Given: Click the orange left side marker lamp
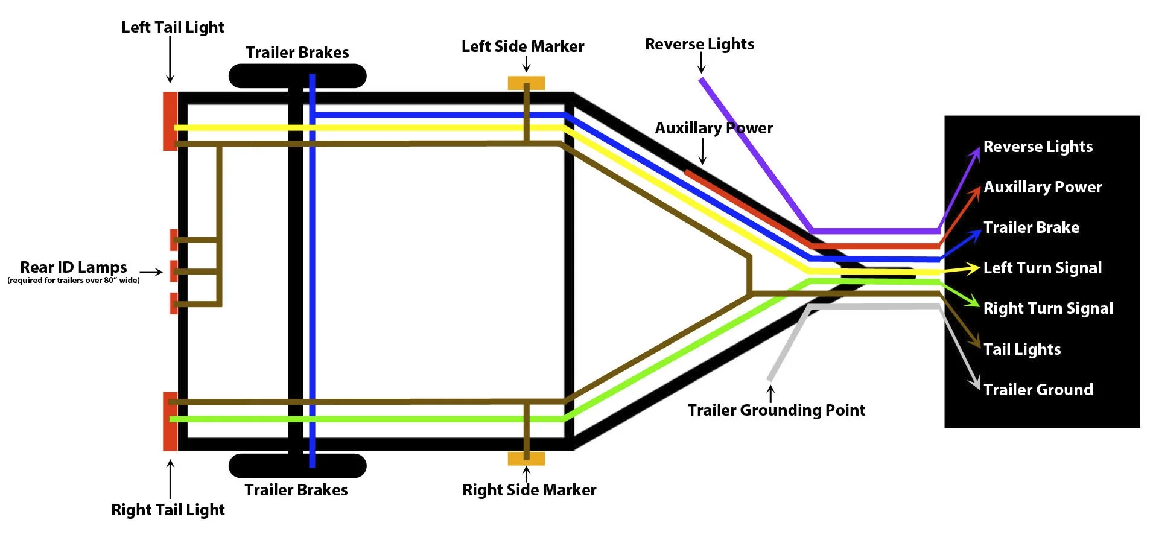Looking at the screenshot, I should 526,83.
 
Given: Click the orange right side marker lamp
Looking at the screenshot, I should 526,459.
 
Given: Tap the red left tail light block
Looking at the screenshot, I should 170,121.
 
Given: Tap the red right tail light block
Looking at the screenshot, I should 170,421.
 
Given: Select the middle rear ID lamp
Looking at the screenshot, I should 173,271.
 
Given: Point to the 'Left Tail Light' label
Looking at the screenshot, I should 173,27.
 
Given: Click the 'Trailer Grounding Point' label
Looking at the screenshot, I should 776,410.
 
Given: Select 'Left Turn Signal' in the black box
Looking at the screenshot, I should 1042,268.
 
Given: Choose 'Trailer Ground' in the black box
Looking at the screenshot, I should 1038,390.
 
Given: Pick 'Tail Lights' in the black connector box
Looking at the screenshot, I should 1021,349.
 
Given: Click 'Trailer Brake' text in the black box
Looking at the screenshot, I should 1031,227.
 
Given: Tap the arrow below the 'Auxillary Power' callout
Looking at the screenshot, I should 702,151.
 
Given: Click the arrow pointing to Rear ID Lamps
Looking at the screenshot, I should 151,271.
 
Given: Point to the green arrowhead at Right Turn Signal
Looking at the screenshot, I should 973,301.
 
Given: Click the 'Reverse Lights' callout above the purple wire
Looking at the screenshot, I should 699,44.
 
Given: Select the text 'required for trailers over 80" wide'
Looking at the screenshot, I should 73,281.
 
